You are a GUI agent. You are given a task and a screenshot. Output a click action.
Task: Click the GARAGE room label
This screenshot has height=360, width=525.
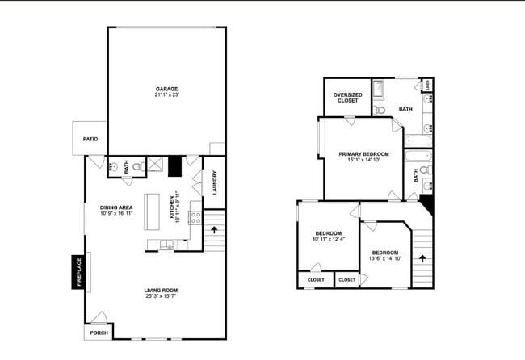166,89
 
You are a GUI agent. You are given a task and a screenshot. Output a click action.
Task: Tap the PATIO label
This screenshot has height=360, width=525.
90,140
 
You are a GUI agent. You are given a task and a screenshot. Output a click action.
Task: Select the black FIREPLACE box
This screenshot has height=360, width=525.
79,272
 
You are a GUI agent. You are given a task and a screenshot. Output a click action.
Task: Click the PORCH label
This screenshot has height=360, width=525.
99,332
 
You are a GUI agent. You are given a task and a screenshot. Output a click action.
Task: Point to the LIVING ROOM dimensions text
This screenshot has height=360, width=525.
161,296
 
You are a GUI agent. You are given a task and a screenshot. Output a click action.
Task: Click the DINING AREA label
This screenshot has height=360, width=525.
116,207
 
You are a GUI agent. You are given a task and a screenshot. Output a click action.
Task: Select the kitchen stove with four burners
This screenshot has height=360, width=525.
195,216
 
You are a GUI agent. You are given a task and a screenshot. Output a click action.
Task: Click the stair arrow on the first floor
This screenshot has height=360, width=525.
213,229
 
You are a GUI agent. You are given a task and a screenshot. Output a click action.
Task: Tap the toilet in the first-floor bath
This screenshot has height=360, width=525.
136,167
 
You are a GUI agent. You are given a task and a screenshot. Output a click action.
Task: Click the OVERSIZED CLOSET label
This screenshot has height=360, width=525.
347,98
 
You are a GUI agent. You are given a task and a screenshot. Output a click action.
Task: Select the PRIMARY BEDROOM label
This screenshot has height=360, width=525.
363,153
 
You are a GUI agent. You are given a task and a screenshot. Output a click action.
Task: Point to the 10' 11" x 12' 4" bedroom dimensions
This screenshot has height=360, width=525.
328,239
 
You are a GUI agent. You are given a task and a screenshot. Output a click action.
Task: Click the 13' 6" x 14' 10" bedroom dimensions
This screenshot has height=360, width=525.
384,257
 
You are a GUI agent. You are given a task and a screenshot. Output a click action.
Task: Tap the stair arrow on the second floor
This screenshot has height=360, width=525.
422,259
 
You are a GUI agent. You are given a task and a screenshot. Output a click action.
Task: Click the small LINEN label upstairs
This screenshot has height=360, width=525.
428,84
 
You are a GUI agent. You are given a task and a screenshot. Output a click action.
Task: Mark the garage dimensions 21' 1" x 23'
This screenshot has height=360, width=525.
166,95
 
